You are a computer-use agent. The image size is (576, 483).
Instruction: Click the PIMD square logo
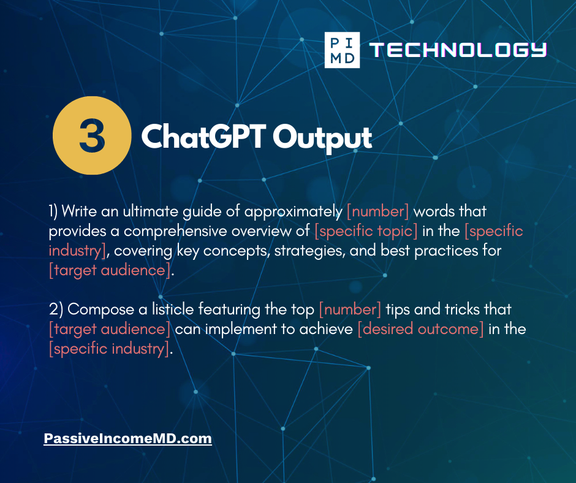point(342,50)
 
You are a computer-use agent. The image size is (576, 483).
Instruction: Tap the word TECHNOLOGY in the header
point(458,50)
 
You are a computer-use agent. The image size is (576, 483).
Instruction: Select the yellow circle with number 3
point(92,135)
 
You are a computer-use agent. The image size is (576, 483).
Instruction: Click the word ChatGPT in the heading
point(204,136)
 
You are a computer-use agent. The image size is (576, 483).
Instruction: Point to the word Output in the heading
point(322,138)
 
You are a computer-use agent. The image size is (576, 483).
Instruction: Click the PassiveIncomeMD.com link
point(128,438)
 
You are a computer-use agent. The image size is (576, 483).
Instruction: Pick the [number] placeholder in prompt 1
point(378,211)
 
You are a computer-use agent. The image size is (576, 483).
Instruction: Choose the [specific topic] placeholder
point(366,231)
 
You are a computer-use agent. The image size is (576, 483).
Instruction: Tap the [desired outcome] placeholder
point(420,329)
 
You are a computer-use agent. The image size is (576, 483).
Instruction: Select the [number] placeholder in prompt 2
point(350,310)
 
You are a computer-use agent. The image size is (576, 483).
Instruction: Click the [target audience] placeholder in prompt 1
point(110,270)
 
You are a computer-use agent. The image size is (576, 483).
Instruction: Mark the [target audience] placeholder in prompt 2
point(110,329)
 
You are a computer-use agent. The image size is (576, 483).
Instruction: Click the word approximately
point(293,212)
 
